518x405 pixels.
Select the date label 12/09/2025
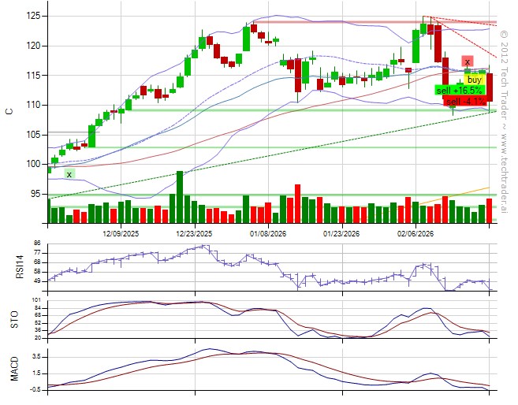tap(121, 234)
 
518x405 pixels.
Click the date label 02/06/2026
tap(415, 234)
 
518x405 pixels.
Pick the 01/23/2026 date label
tap(341, 234)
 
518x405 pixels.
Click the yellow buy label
tap(474, 80)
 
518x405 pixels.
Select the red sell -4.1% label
tap(464, 102)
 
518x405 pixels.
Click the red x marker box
tap(467, 61)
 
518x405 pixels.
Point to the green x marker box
tap(69, 174)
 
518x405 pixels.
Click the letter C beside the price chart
tap(9, 111)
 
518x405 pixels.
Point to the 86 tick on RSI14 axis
tap(36, 243)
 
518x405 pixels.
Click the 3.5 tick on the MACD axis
tap(36, 356)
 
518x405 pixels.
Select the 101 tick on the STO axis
tap(36, 300)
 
